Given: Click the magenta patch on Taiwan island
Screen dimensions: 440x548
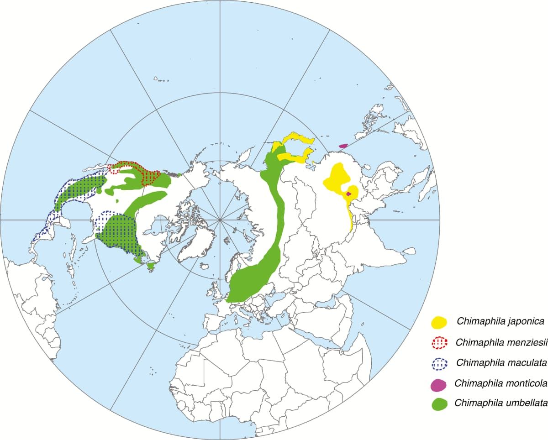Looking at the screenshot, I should click(343, 146).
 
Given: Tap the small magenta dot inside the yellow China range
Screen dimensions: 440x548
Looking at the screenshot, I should click(349, 194).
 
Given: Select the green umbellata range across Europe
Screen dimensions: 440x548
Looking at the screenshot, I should click(251, 278).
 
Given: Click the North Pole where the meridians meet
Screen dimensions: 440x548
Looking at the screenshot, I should click(220, 220).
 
